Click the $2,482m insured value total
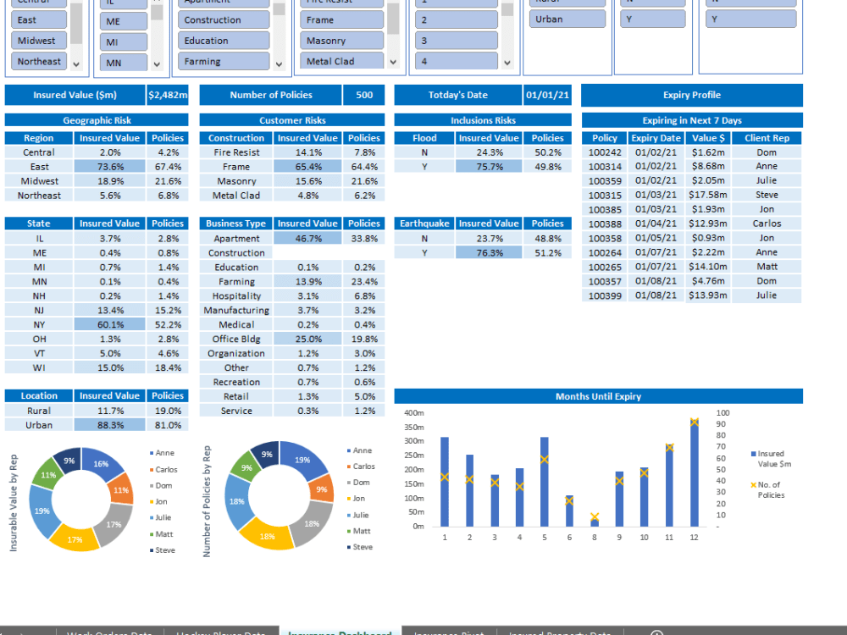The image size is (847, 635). (168, 96)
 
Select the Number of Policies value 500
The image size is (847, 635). (364, 96)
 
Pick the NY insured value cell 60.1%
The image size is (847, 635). (109, 324)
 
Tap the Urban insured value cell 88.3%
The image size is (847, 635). (109, 425)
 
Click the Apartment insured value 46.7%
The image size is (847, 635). (307, 239)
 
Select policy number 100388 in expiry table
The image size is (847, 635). (605, 224)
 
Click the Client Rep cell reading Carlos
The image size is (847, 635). (767, 224)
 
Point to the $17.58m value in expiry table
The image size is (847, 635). (708, 195)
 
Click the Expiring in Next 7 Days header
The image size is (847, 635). (691, 120)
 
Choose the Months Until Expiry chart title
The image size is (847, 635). (598, 396)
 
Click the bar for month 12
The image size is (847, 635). (695, 474)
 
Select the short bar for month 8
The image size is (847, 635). (595, 522)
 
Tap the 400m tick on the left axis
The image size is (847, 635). (414, 413)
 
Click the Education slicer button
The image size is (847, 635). (224, 41)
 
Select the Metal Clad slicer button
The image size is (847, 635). (343, 61)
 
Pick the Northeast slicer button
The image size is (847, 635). (39, 61)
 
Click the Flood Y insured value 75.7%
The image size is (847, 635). (489, 167)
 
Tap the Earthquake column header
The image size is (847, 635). (424, 224)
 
